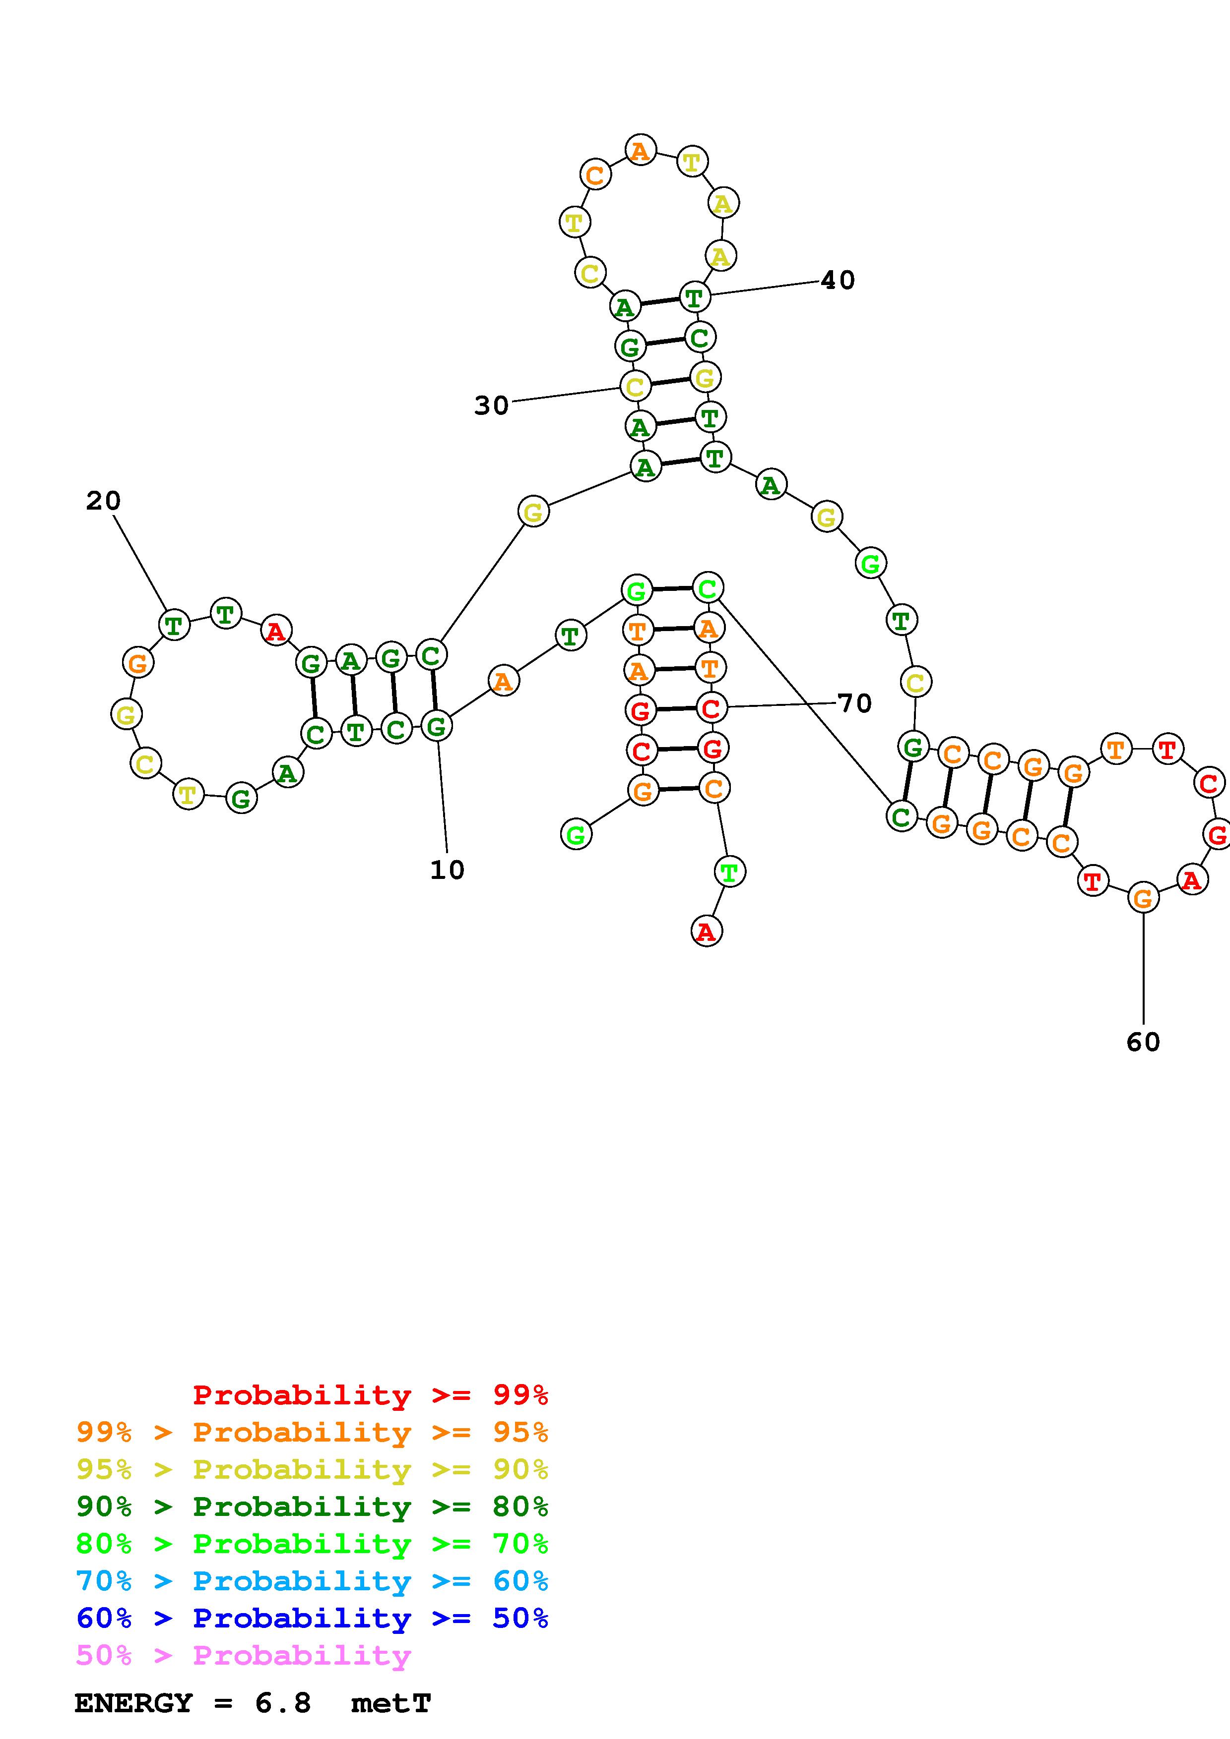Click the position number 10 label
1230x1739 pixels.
[x=447, y=869]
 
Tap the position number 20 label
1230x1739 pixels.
[x=103, y=501]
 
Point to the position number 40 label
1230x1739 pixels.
[x=838, y=280]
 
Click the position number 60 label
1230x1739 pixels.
[x=1143, y=1042]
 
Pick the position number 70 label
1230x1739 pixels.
[x=854, y=703]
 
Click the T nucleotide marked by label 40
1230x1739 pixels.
[x=694, y=297]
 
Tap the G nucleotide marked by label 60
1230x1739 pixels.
[x=1143, y=898]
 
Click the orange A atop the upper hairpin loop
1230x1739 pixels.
[x=641, y=151]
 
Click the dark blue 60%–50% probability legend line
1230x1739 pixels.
[x=312, y=1618]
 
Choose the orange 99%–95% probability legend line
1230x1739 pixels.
[x=312, y=1432]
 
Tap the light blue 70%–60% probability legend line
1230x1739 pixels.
[x=312, y=1581]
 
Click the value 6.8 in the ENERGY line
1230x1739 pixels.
[x=283, y=1703]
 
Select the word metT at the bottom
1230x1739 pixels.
[x=391, y=1703]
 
